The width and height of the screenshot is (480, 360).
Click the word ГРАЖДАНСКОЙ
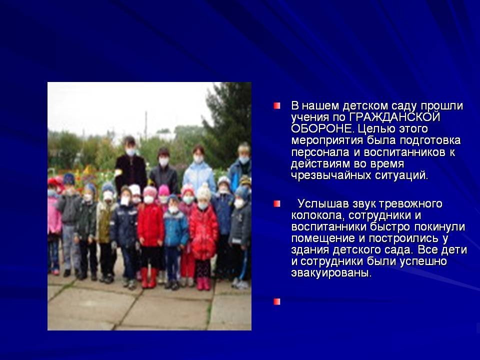click(394, 117)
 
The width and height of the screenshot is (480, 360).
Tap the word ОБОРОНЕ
click(321, 128)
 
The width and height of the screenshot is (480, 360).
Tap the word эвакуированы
click(331, 273)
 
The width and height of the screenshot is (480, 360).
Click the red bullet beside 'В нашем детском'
click(277, 106)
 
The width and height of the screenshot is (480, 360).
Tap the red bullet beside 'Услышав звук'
click(277, 204)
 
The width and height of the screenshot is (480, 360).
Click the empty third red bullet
click(277, 302)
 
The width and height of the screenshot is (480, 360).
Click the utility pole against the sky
click(146, 125)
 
